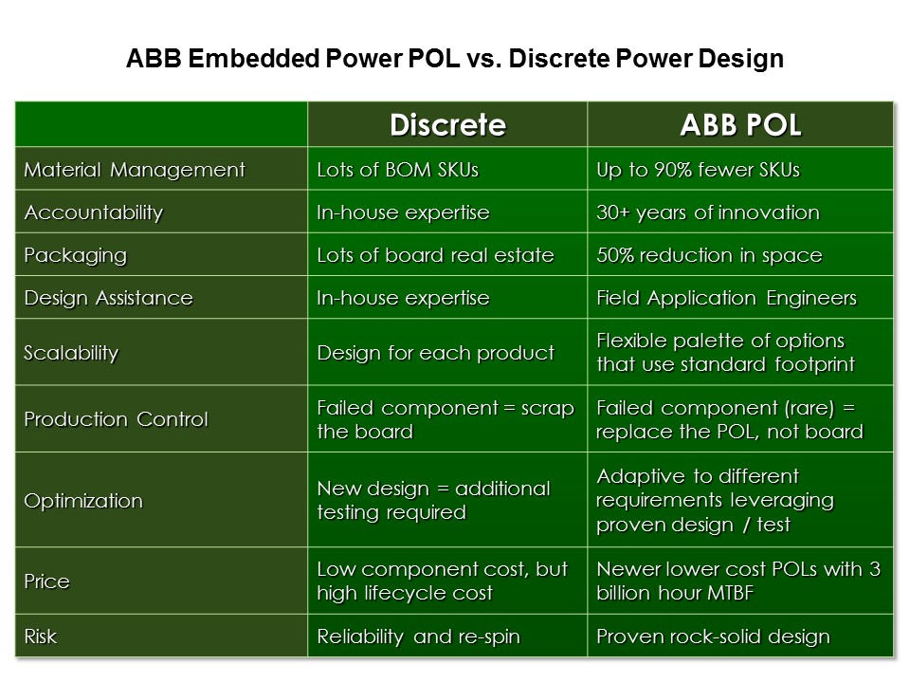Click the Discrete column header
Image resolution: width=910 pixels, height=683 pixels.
[447, 124]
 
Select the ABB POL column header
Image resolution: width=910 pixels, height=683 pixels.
[740, 124]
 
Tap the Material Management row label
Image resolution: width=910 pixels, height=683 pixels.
[134, 171]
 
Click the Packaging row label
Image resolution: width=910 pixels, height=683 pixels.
[75, 255]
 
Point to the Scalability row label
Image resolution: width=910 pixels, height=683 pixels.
[71, 353]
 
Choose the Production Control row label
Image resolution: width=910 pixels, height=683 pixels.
[116, 419]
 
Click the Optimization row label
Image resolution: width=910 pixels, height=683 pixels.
[83, 500]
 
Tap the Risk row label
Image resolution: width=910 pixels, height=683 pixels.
[40, 637]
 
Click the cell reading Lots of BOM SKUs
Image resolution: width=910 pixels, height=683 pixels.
[397, 171]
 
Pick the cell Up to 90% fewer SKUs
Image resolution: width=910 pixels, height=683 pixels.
[698, 171]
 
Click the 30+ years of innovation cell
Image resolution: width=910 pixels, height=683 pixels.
[707, 212]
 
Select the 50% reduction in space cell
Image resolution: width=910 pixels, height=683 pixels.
[709, 255]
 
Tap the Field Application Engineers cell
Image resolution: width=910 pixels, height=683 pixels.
[726, 298]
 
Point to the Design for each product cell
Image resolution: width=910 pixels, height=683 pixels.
[435, 353]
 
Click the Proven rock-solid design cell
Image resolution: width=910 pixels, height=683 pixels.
[713, 637]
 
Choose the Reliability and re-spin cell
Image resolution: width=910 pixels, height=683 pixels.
[418, 637]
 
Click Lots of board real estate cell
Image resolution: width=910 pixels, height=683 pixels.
[435, 255]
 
